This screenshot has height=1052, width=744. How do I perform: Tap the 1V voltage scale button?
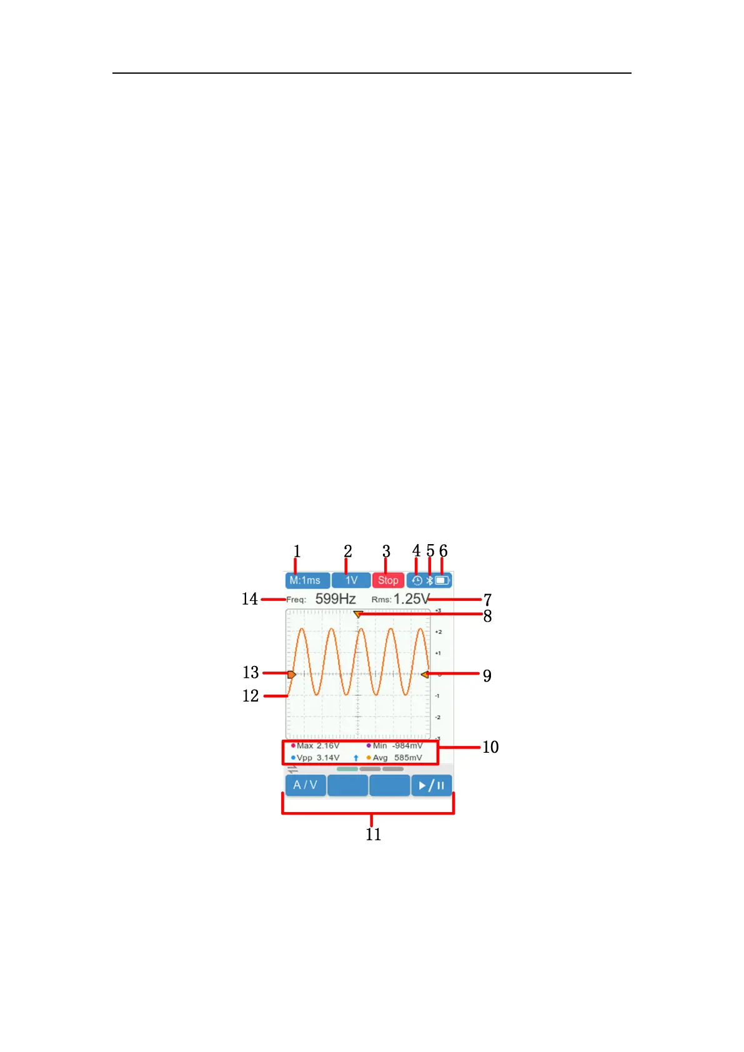[x=351, y=580]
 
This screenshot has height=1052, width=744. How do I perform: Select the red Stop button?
[x=388, y=580]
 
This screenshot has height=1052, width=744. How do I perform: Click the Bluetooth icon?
[x=429, y=580]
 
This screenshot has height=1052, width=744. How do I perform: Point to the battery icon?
[x=442, y=580]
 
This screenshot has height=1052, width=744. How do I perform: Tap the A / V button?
[x=305, y=785]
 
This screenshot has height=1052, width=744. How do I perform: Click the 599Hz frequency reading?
[x=335, y=598]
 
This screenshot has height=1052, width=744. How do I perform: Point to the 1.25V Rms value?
[x=411, y=598]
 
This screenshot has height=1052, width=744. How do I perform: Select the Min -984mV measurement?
[x=396, y=746]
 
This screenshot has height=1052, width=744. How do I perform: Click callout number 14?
[x=250, y=598]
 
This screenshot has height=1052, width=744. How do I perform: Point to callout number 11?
[x=373, y=835]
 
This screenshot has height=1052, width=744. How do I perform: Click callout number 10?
[x=490, y=747]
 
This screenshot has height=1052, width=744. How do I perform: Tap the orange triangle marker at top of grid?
[x=358, y=615]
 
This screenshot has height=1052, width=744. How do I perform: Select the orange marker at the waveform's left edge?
[x=291, y=674]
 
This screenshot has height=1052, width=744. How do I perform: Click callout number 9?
[x=487, y=676]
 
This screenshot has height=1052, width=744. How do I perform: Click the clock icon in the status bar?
[x=417, y=580]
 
